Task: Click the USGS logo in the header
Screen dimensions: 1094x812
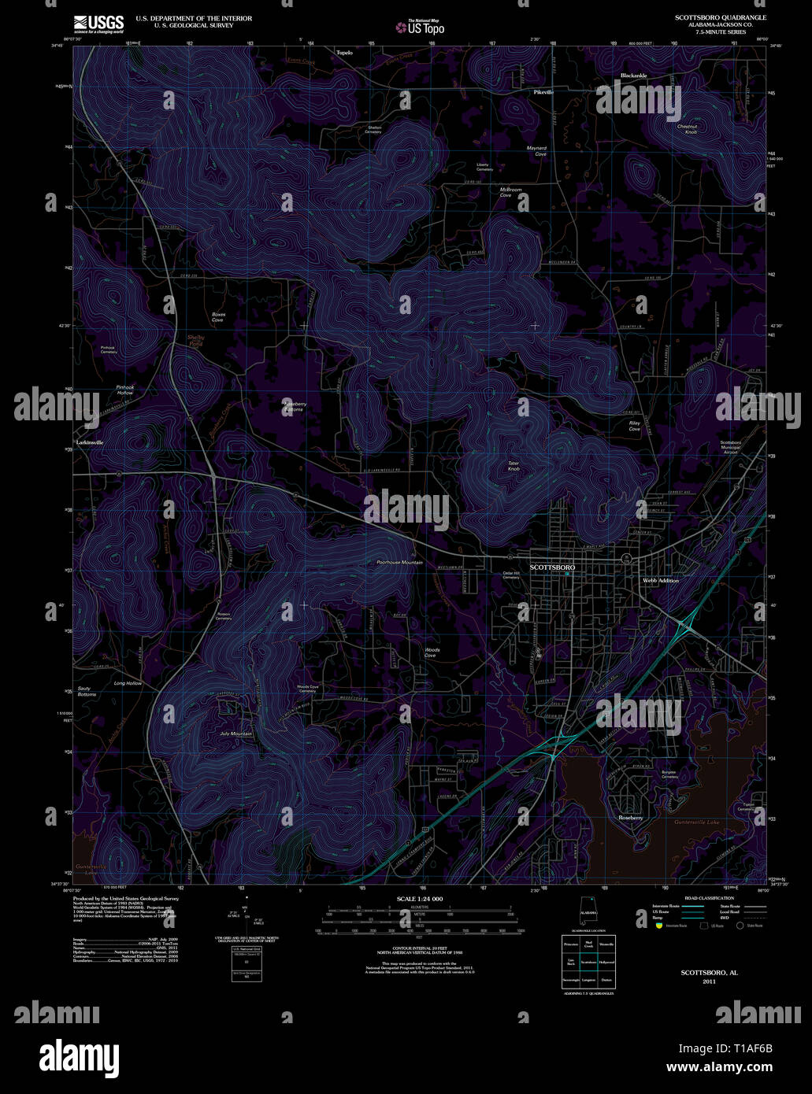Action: pyautogui.click(x=98, y=23)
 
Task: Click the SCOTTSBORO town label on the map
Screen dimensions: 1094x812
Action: pyautogui.click(x=553, y=567)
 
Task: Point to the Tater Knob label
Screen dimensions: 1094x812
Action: pyautogui.click(x=514, y=466)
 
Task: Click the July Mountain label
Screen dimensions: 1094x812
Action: pyautogui.click(x=236, y=734)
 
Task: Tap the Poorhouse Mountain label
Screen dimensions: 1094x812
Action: pyautogui.click(x=399, y=563)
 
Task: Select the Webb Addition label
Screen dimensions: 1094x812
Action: pyautogui.click(x=660, y=580)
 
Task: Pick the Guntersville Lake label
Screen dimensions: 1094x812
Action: pyautogui.click(x=697, y=822)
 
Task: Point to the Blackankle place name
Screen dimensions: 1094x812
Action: pyautogui.click(x=633, y=76)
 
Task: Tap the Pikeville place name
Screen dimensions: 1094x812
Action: pyautogui.click(x=543, y=92)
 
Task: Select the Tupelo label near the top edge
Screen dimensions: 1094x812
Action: pyautogui.click(x=344, y=52)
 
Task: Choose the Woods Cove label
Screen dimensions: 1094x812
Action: pyautogui.click(x=432, y=652)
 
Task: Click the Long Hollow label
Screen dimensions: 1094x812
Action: pyautogui.click(x=128, y=683)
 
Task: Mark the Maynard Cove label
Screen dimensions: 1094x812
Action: pyautogui.click(x=536, y=150)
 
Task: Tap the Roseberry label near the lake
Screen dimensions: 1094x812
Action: pyautogui.click(x=631, y=818)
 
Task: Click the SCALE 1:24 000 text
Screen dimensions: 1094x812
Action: pyautogui.click(x=420, y=899)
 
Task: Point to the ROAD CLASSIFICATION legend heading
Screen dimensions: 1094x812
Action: pyautogui.click(x=710, y=898)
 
